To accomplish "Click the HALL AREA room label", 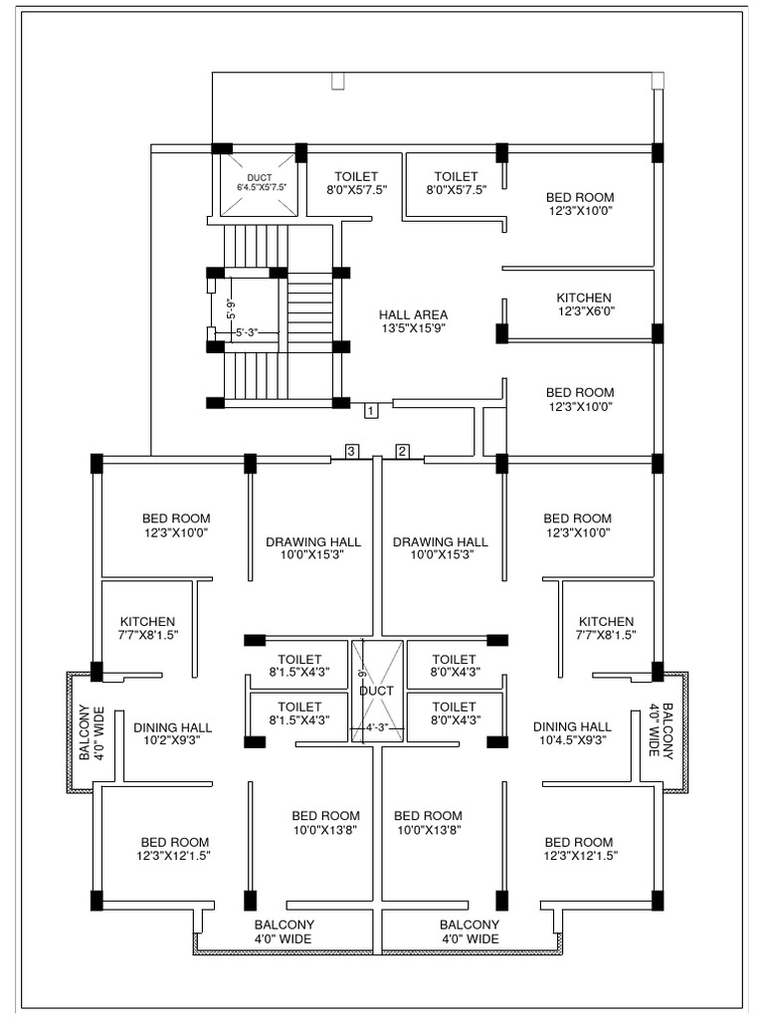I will click(x=414, y=320).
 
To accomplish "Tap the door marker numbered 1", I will click(x=370, y=409).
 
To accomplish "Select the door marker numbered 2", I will click(x=403, y=451).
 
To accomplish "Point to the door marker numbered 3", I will click(x=351, y=451).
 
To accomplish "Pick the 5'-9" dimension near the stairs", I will click(x=230, y=309).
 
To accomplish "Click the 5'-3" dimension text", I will click(x=245, y=334).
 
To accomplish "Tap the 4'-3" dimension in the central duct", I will click(x=376, y=727).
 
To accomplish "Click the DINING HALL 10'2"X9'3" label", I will click(x=172, y=733).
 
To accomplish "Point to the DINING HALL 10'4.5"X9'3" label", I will click(x=572, y=732).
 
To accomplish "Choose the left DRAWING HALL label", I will click(x=313, y=548).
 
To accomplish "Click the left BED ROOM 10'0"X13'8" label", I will click(x=325, y=822).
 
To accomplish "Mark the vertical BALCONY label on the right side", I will click(x=661, y=731).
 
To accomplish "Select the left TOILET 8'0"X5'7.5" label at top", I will click(x=356, y=182).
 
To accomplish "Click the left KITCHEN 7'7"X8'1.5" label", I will click(x=147, y=628).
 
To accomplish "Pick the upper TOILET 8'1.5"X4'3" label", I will click(x=299, y=665).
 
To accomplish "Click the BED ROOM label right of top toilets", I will click(x=580, y=204).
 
